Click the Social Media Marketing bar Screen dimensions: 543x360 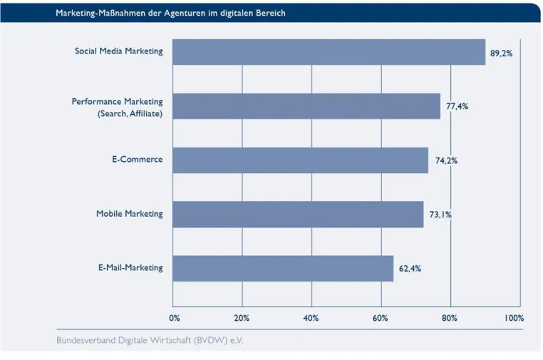(329, 52)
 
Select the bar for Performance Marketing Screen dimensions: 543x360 (306, 106)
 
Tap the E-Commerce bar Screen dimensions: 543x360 (300, 160)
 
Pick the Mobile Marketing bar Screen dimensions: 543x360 (298, 215)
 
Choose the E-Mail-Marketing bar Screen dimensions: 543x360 (283, 269)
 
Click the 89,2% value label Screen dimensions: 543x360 (501, 53)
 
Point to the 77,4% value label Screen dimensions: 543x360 (457, 106)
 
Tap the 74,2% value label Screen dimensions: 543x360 (446, 161)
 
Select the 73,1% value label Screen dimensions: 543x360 (440, 215)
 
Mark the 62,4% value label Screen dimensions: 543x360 (410, 269)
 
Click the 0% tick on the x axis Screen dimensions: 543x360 (175, 318)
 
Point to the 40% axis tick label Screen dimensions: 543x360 (311, 318)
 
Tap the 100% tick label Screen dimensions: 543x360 (514, 318)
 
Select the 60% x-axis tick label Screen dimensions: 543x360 (381, 318)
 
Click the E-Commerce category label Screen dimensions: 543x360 (137, 160)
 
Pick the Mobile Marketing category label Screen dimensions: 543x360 (130, 214)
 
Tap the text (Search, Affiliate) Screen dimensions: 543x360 (130, 113)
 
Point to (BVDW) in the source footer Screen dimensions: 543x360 (210, 340)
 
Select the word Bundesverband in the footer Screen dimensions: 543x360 (86, 340)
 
